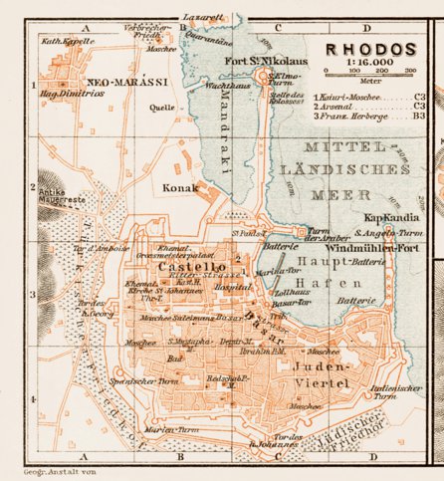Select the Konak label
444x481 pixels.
point(182,186)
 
